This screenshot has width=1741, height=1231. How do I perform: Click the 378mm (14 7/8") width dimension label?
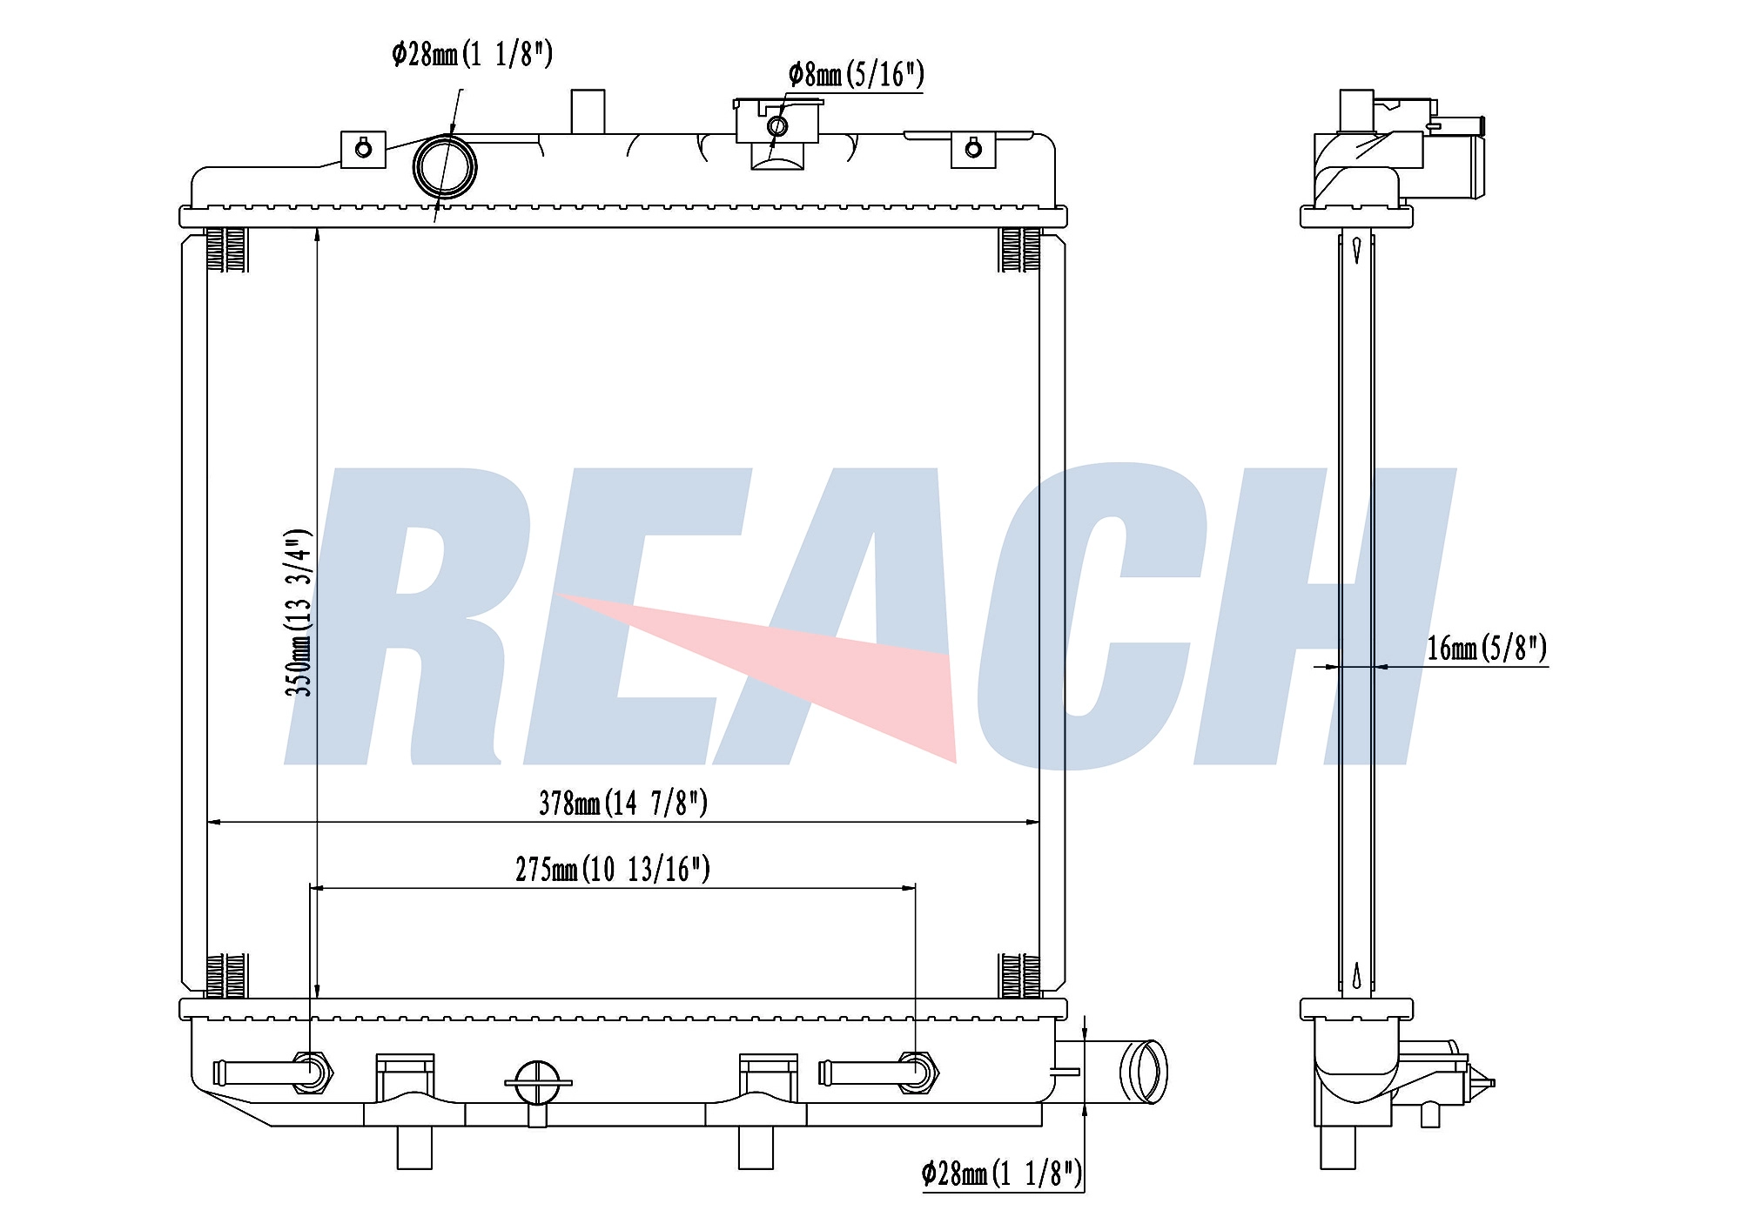[623, 802]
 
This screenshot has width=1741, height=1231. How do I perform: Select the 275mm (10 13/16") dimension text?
[613, 868]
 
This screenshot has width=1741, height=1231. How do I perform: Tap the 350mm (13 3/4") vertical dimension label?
[298, 612]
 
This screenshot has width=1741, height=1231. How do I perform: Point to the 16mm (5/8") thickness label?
[1487, 648]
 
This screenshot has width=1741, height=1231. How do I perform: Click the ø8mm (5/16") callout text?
[856, 74]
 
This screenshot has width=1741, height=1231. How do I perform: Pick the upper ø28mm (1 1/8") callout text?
[472, 54]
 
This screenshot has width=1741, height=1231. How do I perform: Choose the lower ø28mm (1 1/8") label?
[1002, 1174]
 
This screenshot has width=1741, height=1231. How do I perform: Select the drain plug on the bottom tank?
[538, 1088]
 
